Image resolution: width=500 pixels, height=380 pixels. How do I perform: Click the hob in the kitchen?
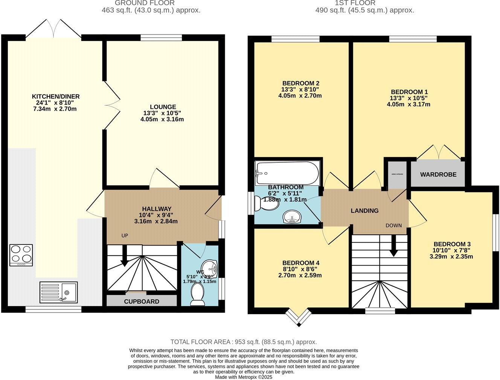[x=21, y=255]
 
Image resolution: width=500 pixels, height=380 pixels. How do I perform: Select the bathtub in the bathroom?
[x=287, y=173]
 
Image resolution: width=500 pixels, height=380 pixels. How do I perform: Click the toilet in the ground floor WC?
[x=198, y=294]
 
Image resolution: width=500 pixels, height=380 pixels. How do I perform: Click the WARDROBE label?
[x=438, y=174]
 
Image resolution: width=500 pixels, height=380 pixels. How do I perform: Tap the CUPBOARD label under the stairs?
[x=142, y=301]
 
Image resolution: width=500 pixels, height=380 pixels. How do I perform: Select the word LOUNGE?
[x=163, y=107]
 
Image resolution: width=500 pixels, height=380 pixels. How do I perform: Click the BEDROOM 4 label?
[x=298, y=262]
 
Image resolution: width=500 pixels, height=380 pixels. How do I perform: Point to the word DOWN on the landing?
[x=393, y=226]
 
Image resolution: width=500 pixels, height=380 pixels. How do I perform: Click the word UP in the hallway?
[x=125, y=235]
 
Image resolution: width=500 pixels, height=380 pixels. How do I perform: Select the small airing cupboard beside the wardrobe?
[x=397, y=174]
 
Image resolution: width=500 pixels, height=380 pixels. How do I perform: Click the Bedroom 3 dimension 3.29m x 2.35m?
[x=451, y=257]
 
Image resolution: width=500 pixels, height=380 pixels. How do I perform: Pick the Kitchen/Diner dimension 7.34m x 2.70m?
[x=55, y=109]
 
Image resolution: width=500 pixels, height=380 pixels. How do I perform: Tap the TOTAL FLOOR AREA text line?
[x=244, y=342]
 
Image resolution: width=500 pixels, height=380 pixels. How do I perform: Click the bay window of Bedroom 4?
[x=298, y=318]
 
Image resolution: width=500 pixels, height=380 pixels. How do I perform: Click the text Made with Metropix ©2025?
[x=244, y=377]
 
